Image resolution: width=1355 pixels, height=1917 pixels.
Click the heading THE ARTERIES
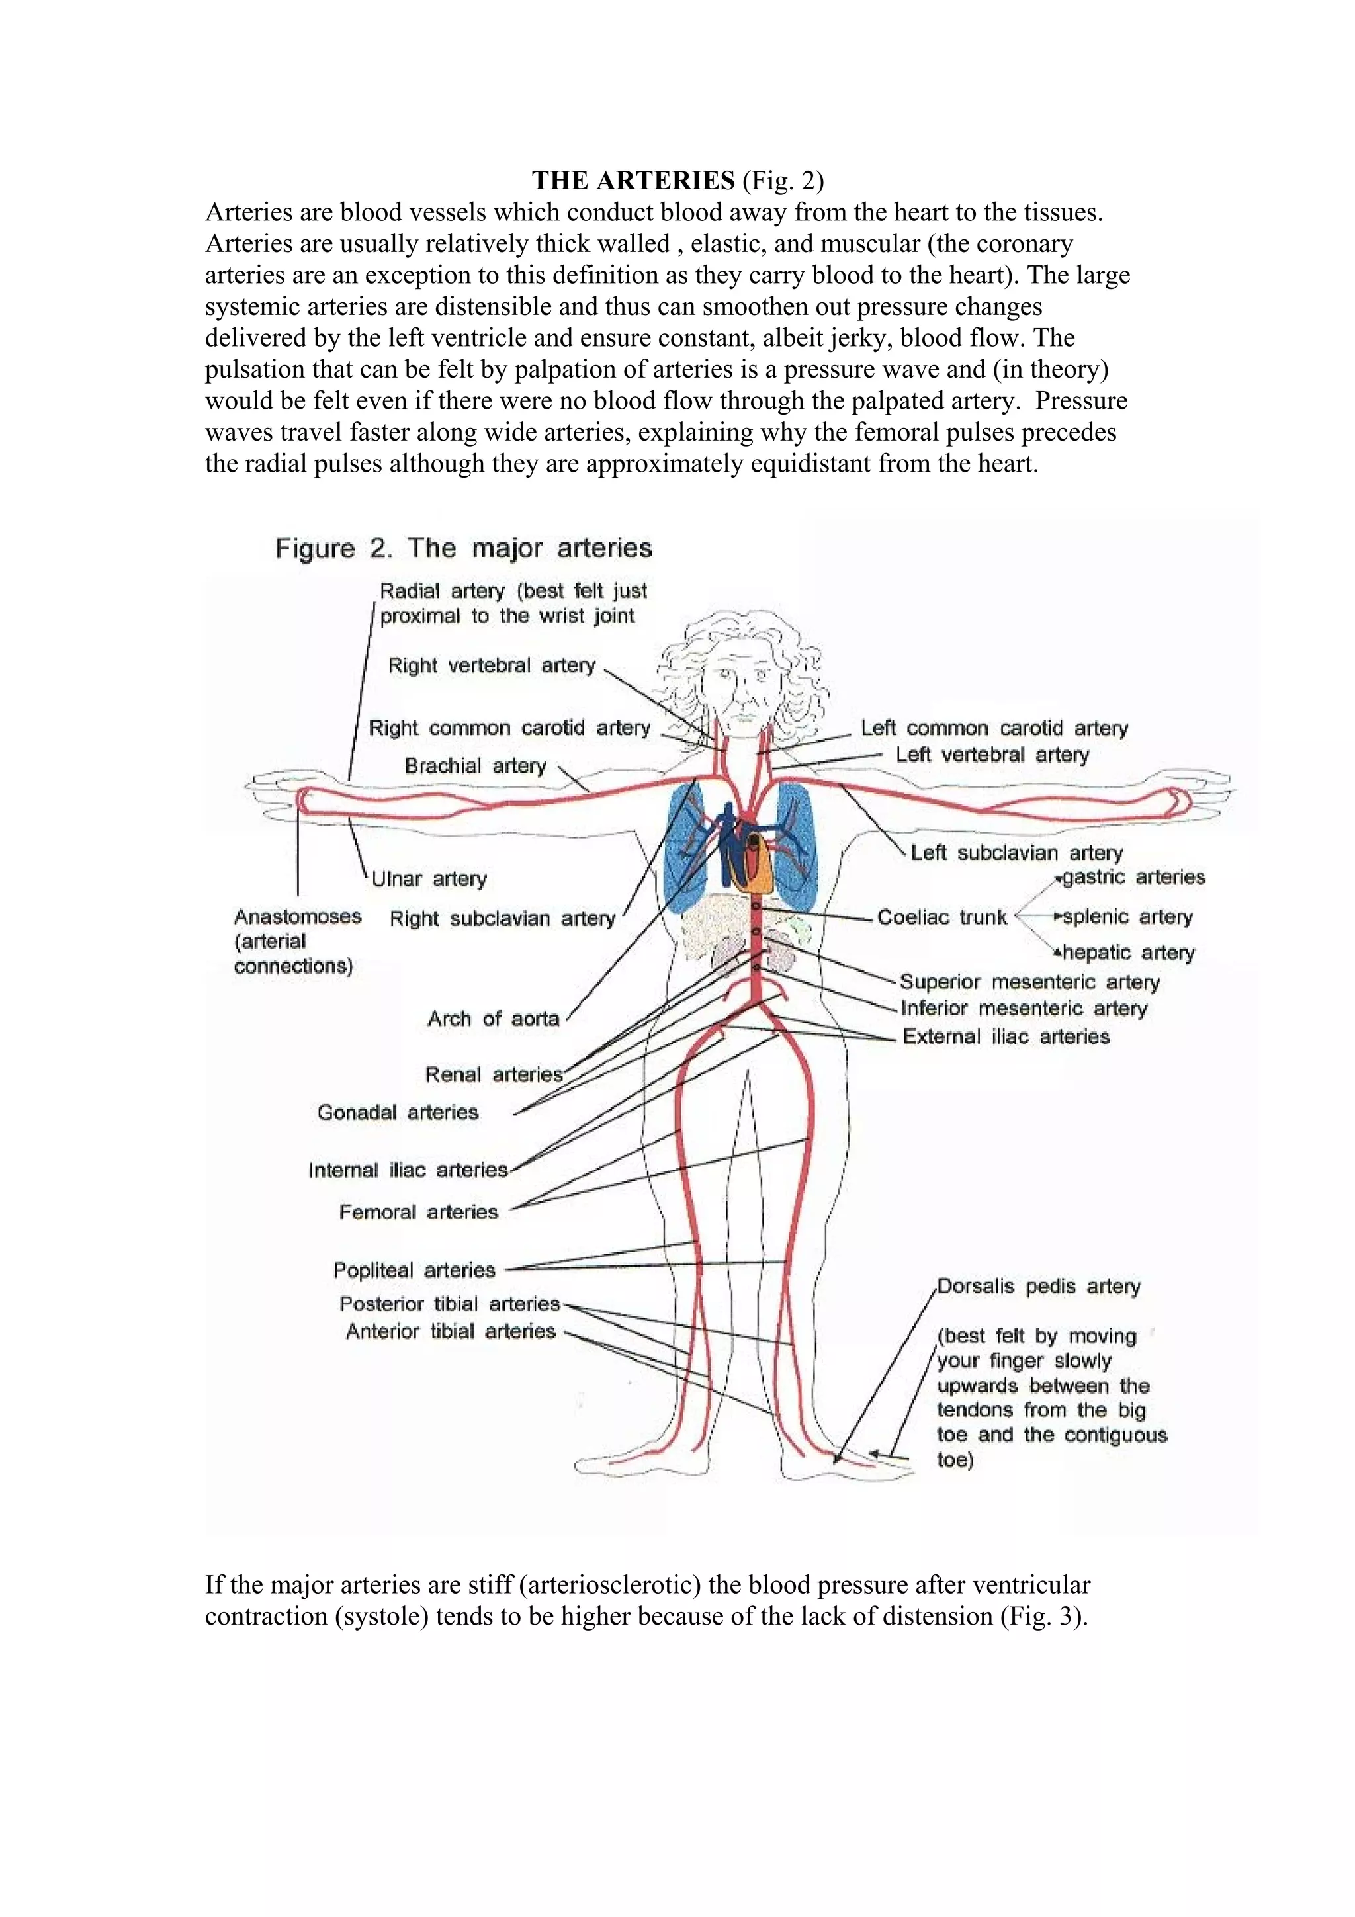click(633, 181)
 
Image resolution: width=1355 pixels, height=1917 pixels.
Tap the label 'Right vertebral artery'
click(492, 665)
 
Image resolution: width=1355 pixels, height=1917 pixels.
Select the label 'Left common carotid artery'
click(994, 728)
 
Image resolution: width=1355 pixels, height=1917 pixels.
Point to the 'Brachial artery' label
click(474, 765)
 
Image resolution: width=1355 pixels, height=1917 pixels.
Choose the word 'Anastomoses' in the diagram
click(297, 917)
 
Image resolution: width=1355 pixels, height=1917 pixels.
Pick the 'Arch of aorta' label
click(492, 1019)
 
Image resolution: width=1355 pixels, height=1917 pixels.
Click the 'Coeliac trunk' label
click(941, 917)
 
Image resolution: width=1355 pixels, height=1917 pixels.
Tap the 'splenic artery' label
click(1127, 917)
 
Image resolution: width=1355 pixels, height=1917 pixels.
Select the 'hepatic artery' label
click(1128, 953)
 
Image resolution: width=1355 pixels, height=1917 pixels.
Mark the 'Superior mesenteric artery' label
click(1029, 982)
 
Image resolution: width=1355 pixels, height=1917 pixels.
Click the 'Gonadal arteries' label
click(398, 1112)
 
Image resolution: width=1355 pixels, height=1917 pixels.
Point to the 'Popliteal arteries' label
click(414, 1270)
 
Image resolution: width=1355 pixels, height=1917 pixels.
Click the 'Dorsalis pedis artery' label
click(1037, 1287)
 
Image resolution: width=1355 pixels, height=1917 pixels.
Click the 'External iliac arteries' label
click(1006, 1037)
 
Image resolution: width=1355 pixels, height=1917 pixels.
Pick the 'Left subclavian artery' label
click(1016, 853)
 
